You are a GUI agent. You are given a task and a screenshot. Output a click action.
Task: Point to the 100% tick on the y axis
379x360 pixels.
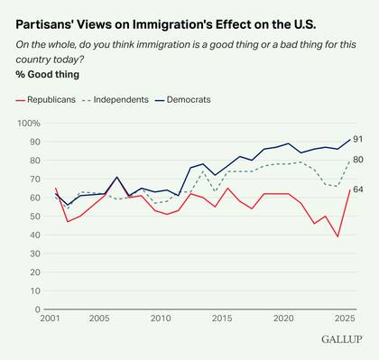coord(31,123)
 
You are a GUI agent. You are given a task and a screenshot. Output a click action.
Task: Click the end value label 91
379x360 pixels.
coord(357,139)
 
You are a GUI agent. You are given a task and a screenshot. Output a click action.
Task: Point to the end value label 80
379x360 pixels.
coord(357,160)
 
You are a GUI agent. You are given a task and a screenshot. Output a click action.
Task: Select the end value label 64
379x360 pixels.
coord(357,190)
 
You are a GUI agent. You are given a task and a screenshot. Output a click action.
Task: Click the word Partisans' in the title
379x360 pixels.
coord(51,17)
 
